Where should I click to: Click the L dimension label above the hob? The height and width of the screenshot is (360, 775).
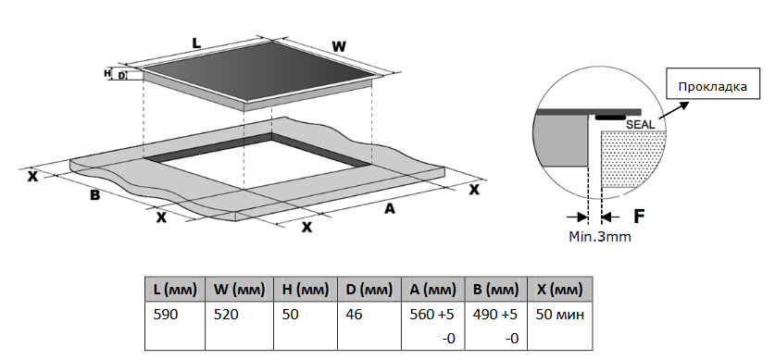(x=196, y=43)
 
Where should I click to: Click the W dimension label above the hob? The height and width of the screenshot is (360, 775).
(x=339, y=47)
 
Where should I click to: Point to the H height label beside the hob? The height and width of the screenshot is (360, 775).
(x=107, y=73)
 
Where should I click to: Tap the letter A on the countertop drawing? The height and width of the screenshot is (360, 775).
(x=390, y=209)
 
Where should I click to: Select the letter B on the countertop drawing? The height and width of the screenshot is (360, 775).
(x=94, y=195)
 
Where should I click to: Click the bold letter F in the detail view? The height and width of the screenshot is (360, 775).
(x=639, y=216)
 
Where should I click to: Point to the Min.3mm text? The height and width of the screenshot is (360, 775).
(x=600, y=237)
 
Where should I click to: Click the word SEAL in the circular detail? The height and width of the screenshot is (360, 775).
(x=640, y=125)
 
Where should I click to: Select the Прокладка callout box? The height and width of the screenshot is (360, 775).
(x=713, y=83)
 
